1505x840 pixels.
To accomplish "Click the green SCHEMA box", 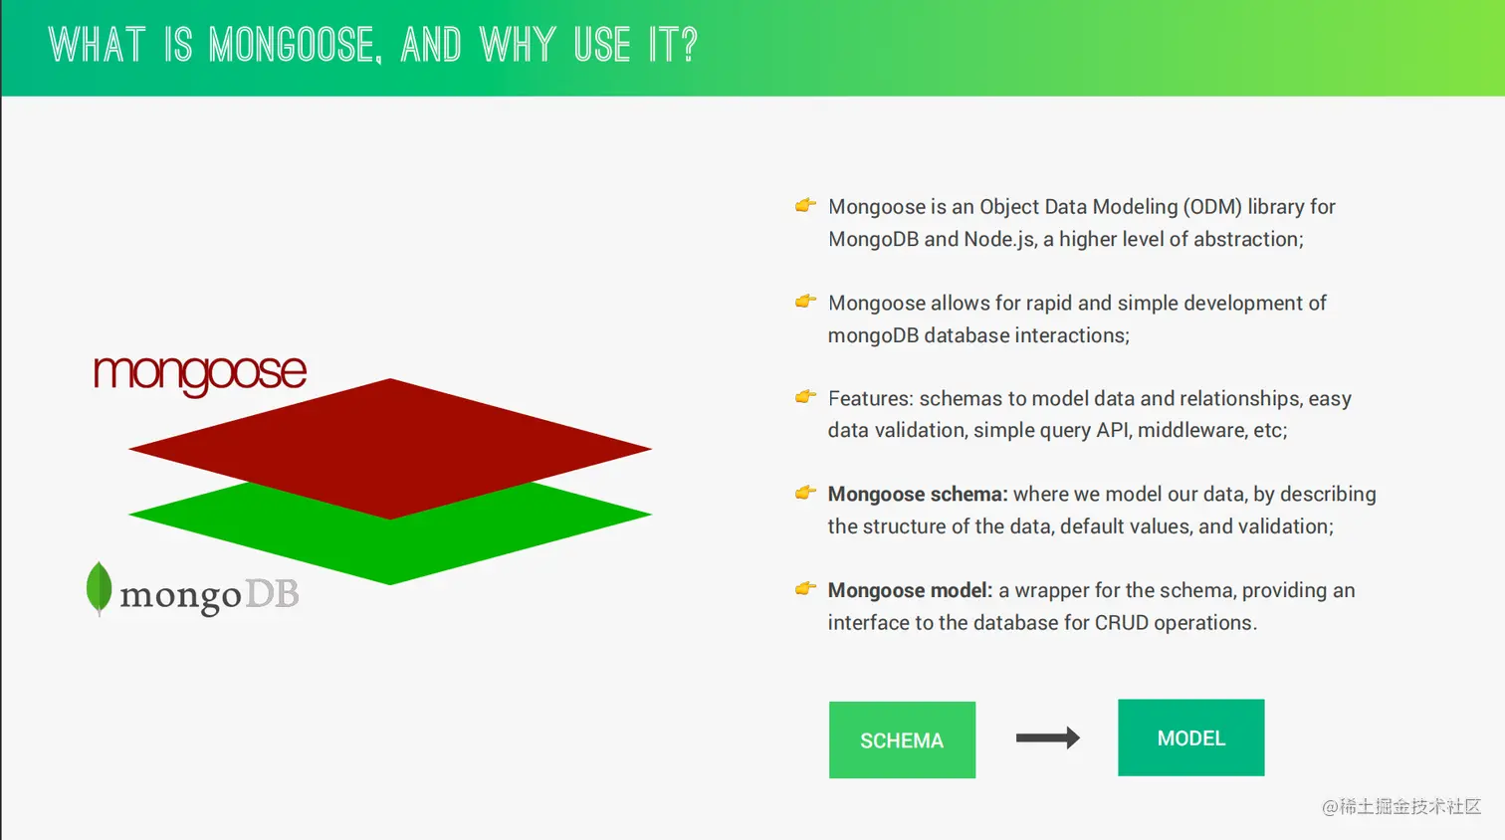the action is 902,739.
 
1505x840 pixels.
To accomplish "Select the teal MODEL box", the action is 1191,737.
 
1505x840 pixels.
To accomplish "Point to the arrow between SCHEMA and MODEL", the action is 1047,737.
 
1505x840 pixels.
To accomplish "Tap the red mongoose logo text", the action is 200,373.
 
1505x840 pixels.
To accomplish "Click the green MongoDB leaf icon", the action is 99,588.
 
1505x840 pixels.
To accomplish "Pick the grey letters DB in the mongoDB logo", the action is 272,594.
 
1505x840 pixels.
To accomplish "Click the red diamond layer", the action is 390,447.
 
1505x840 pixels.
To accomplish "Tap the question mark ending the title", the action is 688,45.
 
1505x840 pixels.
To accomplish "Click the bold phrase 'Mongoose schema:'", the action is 918,495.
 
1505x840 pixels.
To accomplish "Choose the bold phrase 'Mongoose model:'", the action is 910,591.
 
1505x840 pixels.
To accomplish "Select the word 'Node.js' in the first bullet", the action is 999,239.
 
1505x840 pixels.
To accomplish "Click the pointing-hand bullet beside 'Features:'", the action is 805,396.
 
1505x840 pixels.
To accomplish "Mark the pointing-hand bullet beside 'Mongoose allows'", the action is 805,301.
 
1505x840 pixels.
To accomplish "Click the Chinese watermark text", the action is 1400,806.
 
